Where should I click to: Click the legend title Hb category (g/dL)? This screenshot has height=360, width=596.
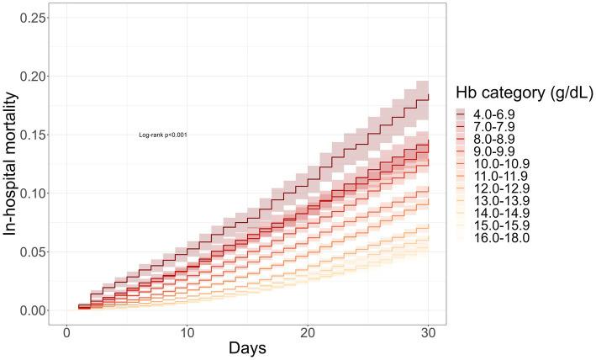click(524, 93)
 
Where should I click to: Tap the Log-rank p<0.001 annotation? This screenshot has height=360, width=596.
click(163, 135)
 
